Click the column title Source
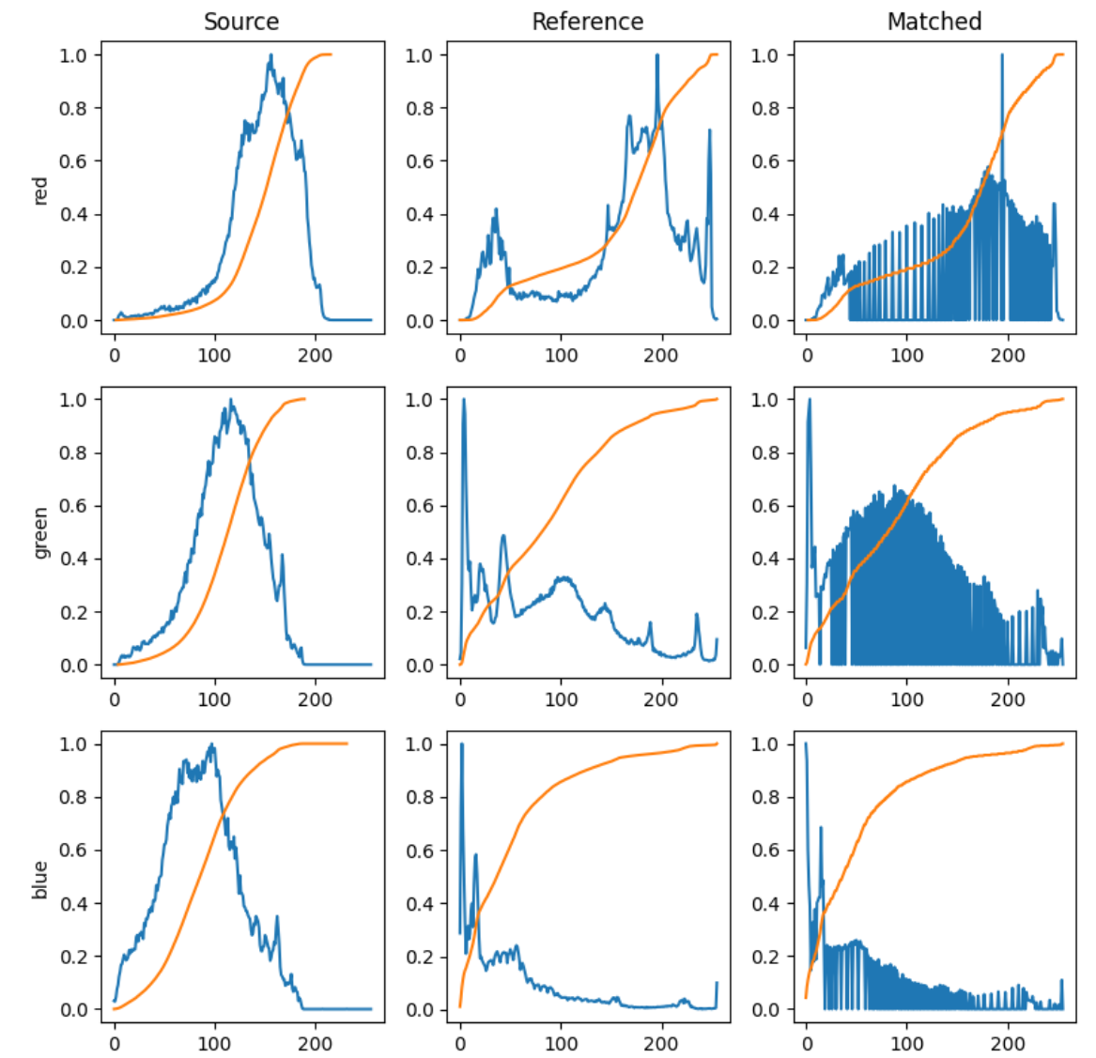pos(241,22)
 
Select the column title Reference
pos(587,22)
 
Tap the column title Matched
pos(934,22)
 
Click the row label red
pos(40,190)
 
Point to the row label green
pos(40,533)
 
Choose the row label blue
pos(40,879)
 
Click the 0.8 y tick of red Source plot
pos(73,108)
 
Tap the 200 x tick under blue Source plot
pos(315,1043)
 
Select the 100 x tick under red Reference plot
pos(561,355)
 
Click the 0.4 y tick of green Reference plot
pos(420,560)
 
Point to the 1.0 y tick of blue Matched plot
pos(765,744)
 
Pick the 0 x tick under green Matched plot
pos(807,699)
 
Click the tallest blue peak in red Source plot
pos(271,55)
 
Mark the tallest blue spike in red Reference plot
pos(656,55)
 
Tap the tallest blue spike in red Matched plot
pos(1001,55)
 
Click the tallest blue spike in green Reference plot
pos(464,400)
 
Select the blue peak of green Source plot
pos(231,401)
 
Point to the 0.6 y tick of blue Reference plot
pos(420,851)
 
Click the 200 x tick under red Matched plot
pos(1008,355)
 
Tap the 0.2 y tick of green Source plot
pos(73,612)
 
